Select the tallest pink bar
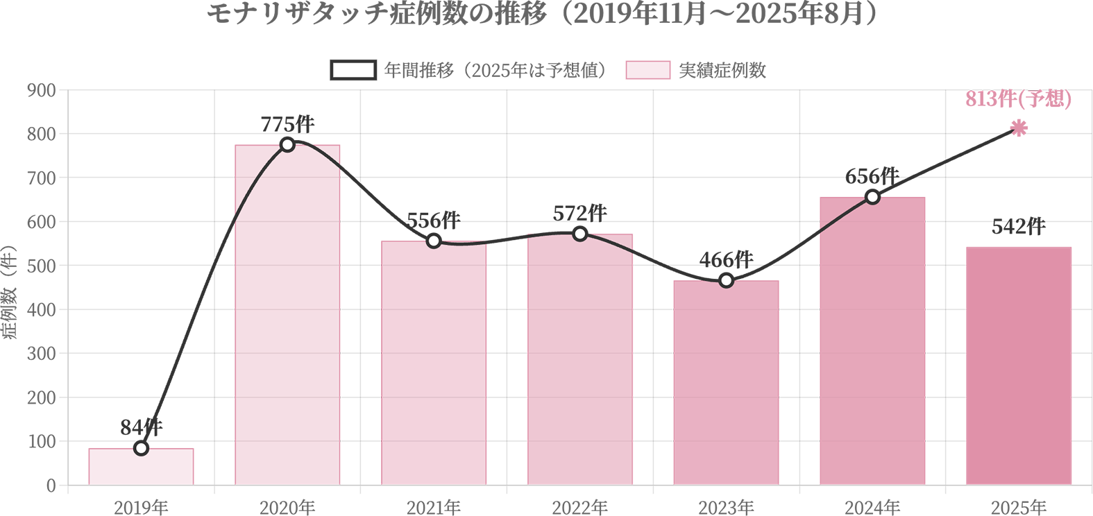point(287,312)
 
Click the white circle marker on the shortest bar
point(141,449)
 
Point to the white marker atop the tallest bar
point(287,144)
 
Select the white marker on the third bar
point(434,241)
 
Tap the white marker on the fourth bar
point(580,234)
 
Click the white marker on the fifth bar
point(726,281)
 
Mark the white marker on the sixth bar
point(873,197)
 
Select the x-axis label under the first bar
point(141,504)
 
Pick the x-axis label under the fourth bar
point(580,504)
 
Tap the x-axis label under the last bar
point(1019,504)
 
